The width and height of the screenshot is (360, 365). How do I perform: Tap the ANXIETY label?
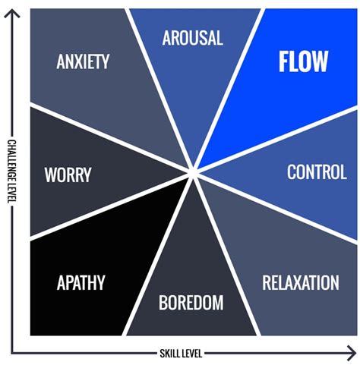pyautogui.click(x=84, y=61)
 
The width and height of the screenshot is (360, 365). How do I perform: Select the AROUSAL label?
pyautogui.click(x=192, y=37)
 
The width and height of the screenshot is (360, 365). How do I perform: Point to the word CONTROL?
pyautogui.click(x=317, y=172)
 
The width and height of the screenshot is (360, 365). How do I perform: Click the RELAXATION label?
pyautogui.click(x=300, y=283)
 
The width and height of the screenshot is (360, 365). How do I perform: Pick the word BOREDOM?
pyautogui.click(x=191, y=303)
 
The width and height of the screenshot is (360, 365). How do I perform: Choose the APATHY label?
pyautogui.click(x=81, y=284)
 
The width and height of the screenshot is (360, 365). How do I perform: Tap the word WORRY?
pyautogui.click(x=68, y=175)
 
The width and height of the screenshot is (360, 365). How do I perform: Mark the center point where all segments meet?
pyautogui.click(x=194, y=175)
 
